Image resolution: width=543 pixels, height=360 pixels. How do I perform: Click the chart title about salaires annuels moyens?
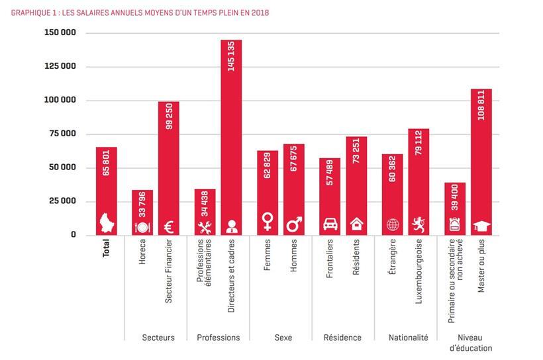(x=140, y=13)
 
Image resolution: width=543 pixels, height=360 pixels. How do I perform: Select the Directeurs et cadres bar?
(x=231, y=132)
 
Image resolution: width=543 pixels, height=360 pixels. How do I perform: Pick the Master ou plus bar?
(x=481, y=159)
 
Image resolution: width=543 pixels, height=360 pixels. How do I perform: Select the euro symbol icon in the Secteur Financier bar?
(x=169, y=226)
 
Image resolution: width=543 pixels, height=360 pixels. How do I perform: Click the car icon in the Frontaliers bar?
(x=330, y=224)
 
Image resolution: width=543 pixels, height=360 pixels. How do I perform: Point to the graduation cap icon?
(x=481, y=226)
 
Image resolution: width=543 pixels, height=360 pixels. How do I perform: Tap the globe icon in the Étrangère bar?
(x=393, y=225)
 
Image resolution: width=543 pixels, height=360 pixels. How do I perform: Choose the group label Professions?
(x=218, y=337)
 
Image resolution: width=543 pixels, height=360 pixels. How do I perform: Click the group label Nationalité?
(x=408, y=337)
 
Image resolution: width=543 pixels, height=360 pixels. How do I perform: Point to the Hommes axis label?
(x=293, y=254)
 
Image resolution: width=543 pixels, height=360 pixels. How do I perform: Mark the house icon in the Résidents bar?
(x=356, y=224)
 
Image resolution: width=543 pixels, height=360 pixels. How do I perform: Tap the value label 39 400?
(x=455, y=199)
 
